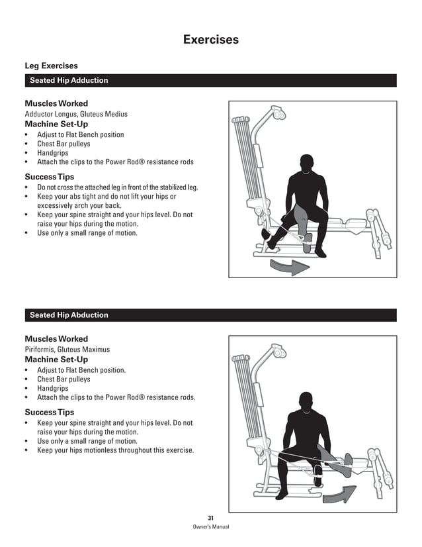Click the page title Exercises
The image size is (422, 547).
tap(210, 40)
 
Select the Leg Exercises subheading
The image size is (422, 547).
tap(51, 66)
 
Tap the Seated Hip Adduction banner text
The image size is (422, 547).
tap(69, 81)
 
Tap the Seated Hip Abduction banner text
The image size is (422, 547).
tap(69, 315)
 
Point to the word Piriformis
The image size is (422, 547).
tap(39, 349)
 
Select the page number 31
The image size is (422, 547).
tap(210, 517)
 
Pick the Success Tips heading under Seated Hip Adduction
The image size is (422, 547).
tap(50, 177)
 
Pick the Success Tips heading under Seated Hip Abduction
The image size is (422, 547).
tap(50, 413)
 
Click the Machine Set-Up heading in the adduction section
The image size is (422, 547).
tap(56, 124)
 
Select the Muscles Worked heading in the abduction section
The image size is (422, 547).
tap(56, 339)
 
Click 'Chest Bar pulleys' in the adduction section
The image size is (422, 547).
tap(63, 144)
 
